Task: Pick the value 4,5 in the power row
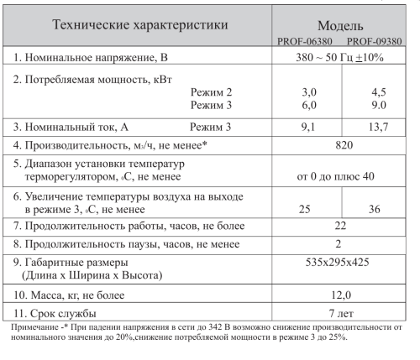[x=376, y=91]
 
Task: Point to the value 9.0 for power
[x=376, y=106]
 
